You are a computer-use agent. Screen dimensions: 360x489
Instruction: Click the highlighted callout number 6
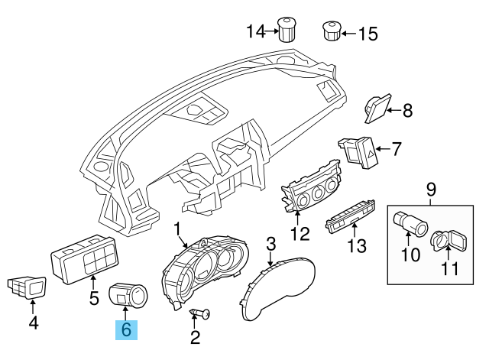click(126, 330)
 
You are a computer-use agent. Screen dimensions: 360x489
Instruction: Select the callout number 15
click(368, 33)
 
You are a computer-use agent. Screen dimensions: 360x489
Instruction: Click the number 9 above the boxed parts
click(430, 187)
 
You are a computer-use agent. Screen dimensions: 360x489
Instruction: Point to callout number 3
click(270, 245)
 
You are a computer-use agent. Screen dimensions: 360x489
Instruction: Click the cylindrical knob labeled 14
click(287, 29)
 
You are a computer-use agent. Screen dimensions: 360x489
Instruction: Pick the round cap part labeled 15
click(332, 31)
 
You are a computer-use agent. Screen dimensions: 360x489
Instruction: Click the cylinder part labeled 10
click(410, 225)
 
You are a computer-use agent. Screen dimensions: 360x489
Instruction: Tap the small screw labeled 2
click(202, 315)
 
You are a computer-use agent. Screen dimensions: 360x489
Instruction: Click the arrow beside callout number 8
click(393, 111)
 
